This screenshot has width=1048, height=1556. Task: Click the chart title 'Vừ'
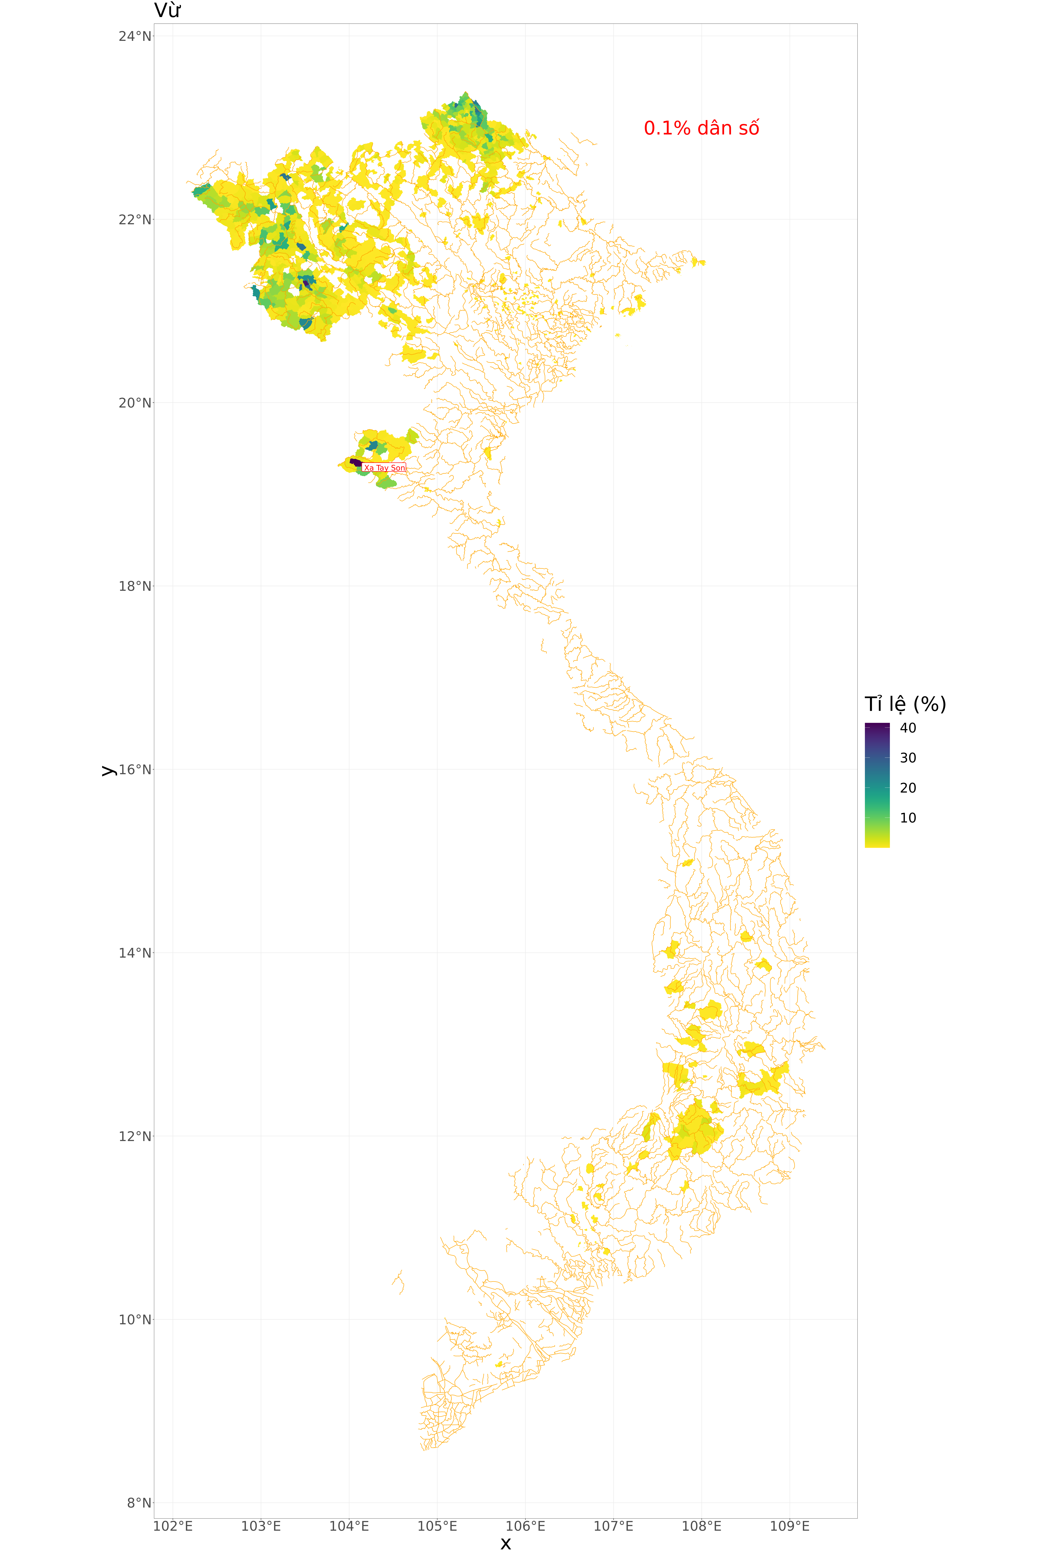(167, 11)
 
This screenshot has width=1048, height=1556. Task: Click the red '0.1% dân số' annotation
(701, 128)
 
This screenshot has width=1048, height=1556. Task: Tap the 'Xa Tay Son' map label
(384, 468)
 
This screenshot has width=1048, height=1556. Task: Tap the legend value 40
(908, 728)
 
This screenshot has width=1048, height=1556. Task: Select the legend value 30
(908, 758)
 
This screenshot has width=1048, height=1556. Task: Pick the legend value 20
(908, 788)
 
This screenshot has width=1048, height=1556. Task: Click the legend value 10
(908, 818)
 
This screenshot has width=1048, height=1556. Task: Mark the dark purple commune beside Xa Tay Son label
(356, 462)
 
